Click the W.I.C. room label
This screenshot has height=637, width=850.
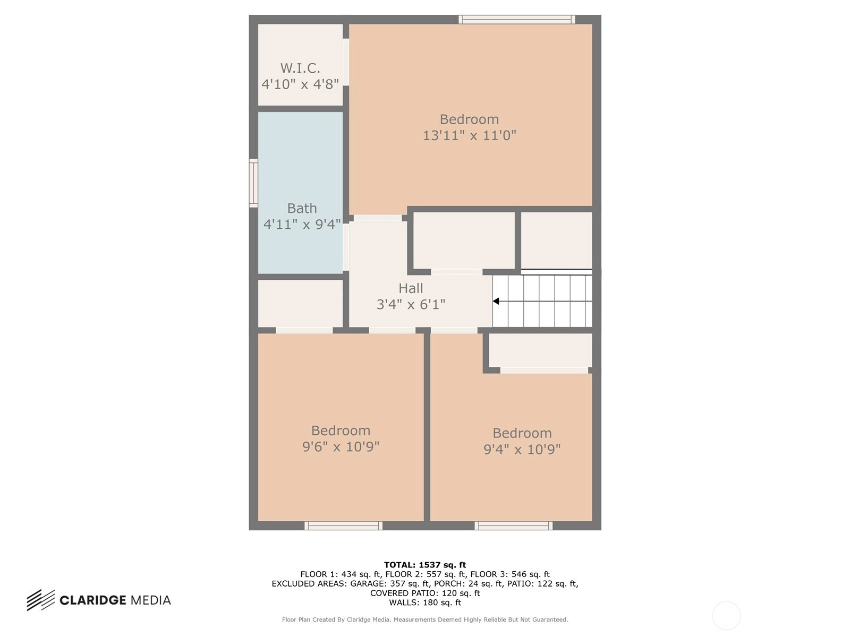[x=300, y=68]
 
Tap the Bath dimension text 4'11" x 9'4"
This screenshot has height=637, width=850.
[x=302, y=225]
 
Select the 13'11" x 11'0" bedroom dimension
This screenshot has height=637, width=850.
[x=469, y=135]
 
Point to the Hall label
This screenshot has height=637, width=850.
[x=411, y=288]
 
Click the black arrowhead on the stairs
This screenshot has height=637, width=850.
[x=496, y=301]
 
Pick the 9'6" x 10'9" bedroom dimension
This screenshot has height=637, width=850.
[x=341, y=447]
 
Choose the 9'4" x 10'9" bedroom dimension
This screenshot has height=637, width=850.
[x=522, y=449]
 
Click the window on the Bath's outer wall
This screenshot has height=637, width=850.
[x=253, y=183]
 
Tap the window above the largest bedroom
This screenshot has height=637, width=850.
[x=517, y=19]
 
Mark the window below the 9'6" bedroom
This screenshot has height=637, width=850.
[x=344, y=526]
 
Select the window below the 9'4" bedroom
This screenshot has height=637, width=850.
[x=514, y=526]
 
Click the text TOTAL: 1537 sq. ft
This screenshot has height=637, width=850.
[x=425, y=565]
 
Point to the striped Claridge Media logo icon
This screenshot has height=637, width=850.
[x=41, y=600]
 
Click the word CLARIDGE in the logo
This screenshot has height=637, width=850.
[x=93, y=600]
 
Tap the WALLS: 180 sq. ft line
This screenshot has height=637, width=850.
[x=425, y=602]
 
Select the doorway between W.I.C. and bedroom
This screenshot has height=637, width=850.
[x=346, y=62]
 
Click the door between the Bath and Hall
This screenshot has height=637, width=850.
[x=346, y=247]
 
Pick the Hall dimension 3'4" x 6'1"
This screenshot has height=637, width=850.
[x=411, y=304]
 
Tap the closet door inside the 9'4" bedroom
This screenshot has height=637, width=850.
[x=544, y=370]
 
